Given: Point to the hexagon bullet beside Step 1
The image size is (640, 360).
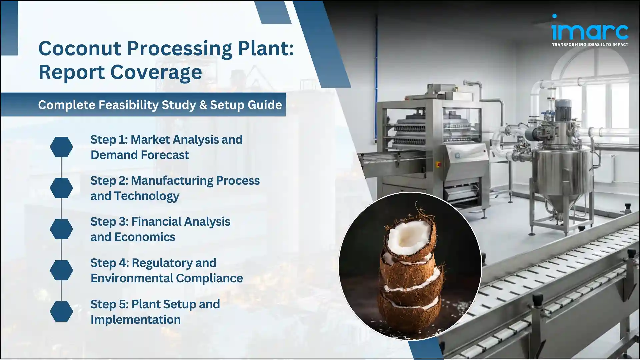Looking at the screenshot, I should pos(61,147).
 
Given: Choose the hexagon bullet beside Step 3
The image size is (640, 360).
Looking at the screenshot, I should pos(61,229).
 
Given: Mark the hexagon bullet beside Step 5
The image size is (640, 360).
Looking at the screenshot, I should pos(61,311).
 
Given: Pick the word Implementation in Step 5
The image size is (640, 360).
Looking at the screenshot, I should pos(135,320).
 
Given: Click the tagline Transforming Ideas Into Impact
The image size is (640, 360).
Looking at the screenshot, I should pos(590,45).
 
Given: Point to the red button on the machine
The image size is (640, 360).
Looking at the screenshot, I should pos(438,164).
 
